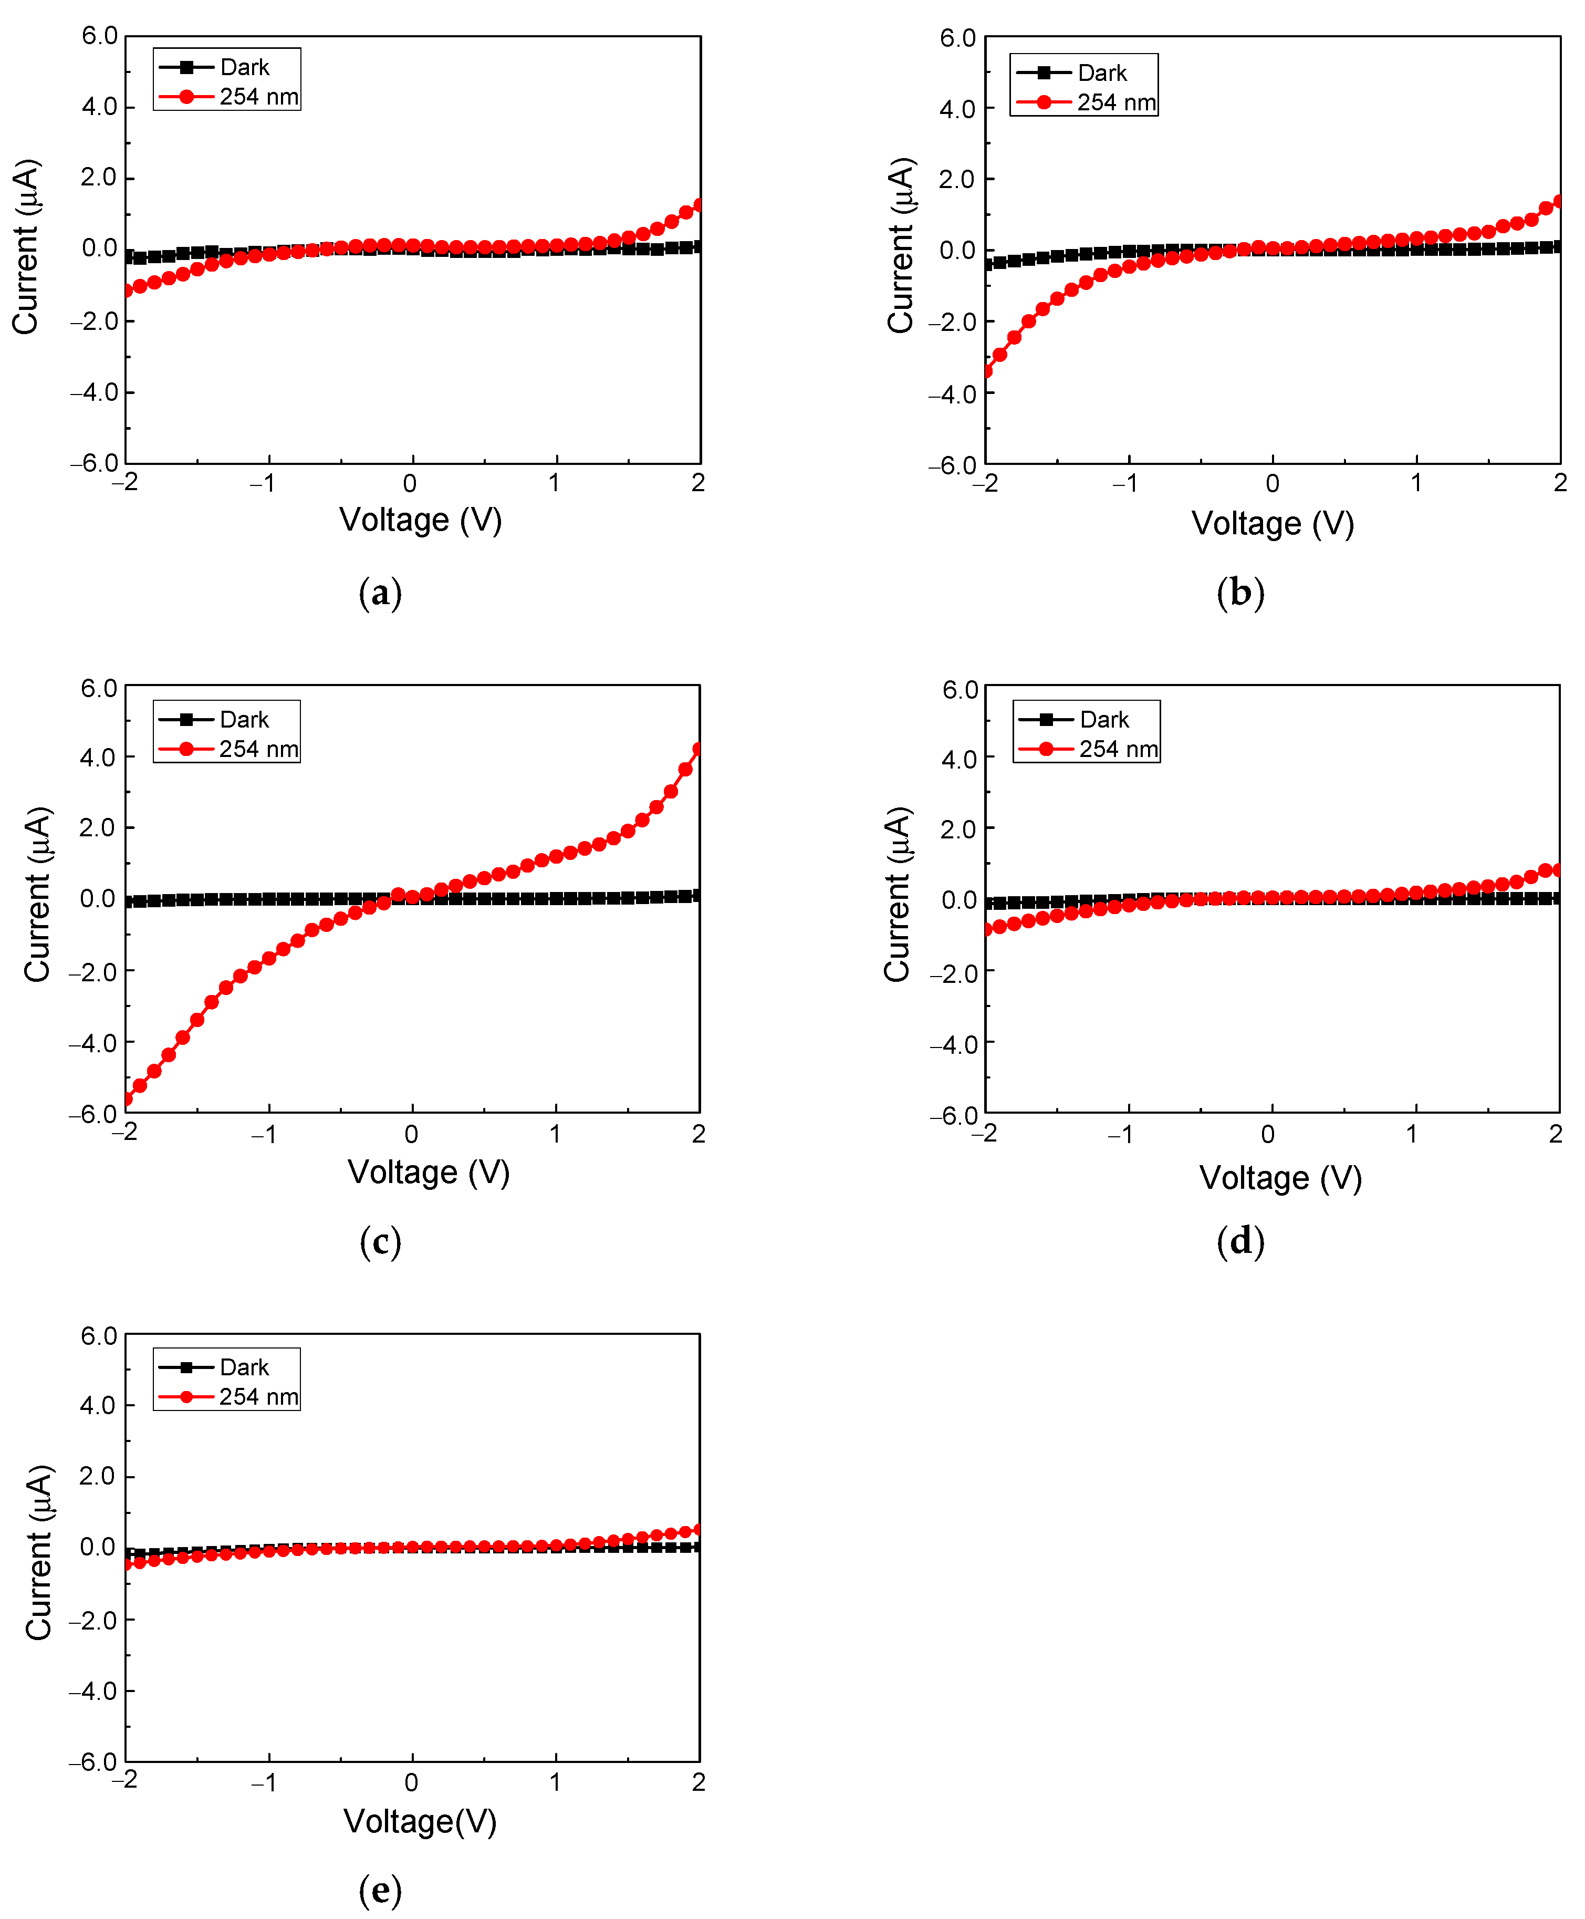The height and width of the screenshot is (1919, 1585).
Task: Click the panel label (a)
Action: pos(380,594)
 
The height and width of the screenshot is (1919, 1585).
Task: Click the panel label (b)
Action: pos(1240,594)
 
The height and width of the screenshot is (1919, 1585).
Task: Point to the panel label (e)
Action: pos(380,1889)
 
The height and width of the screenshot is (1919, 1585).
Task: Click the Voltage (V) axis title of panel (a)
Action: pos(421,520)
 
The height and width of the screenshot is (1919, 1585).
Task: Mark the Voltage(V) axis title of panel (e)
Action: pos(420,1821)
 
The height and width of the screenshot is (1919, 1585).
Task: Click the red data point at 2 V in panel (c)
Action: pos(698,750)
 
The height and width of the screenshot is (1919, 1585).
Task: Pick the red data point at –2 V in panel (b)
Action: pos(987,371)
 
